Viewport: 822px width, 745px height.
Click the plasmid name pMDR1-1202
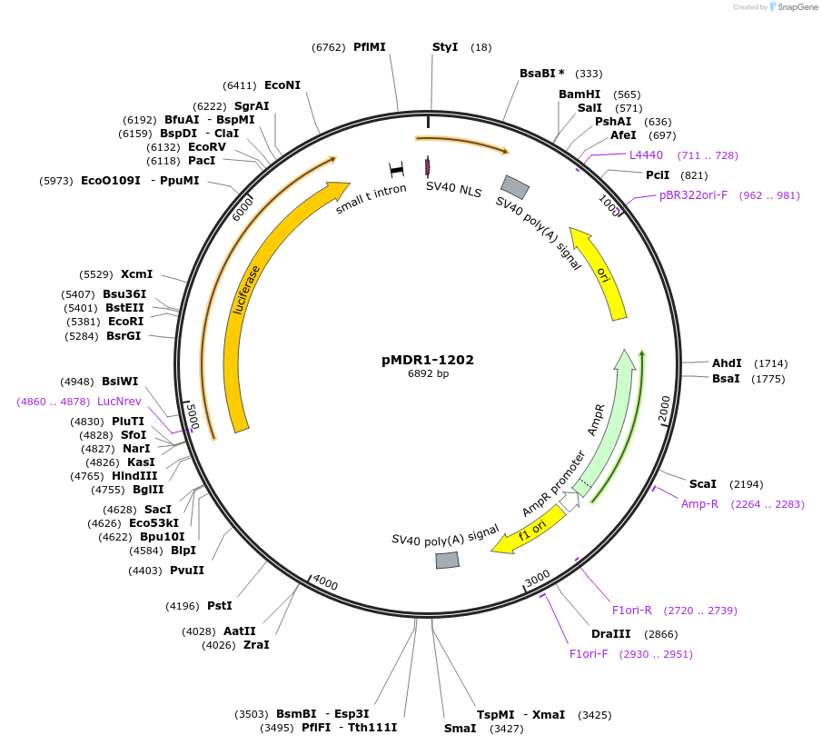(x=428, y=360)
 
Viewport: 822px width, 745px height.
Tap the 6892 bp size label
(x=428, y=373)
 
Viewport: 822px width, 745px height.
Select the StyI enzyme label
(x=445, y=46)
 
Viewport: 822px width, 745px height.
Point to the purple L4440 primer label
(x=646, y=155)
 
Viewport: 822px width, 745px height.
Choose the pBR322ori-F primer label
(x=693, y=195)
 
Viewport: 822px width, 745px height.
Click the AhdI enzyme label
(x=727, y=363)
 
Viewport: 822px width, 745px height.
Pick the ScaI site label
(x=703, y=484)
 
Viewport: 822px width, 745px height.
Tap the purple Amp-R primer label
(x=699, y=504)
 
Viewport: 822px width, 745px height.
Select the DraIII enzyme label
(x=609, y=633)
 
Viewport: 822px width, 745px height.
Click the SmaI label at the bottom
(x=461, y=728)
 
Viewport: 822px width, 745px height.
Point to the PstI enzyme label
(x=219, y=605)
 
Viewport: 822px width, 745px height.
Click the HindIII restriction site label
(x=134, y=475)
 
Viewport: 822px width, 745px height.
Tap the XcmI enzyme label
(x=136, y=273)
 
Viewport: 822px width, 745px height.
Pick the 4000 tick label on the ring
(x=324, y=584)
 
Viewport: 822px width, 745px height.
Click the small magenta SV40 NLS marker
(x=427, y=167)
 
